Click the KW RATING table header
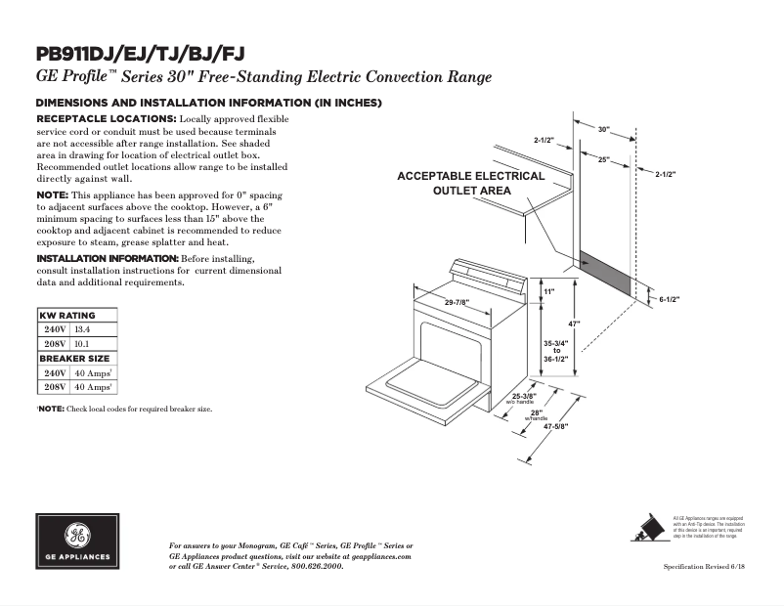[67, 316]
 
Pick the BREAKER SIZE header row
[75, 359]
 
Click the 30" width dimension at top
[603, 129]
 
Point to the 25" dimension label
[603, 158]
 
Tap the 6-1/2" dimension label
[669, 299]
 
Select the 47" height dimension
[576, 323]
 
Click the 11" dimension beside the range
[548, 292]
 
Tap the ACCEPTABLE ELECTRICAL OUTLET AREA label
[470, 184]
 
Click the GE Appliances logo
[77, 541]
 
